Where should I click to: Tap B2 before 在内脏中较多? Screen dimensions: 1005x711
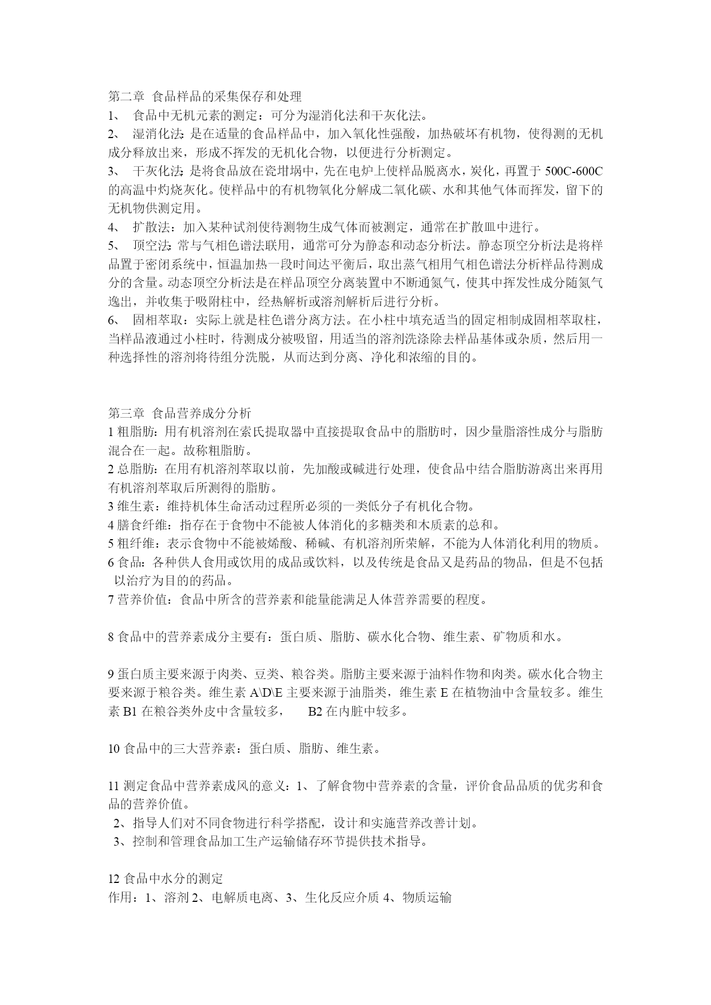click(316, 712)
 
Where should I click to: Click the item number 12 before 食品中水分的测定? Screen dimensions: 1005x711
click(114, 879)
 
